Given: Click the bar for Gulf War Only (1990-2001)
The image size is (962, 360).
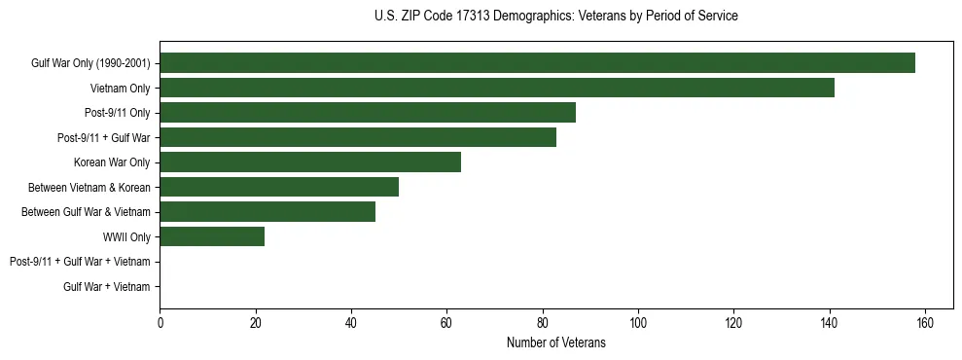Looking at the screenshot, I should click(537, 63).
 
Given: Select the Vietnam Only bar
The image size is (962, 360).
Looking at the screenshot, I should click(497, 88).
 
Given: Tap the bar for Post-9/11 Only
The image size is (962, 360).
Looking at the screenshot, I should click(368, 113).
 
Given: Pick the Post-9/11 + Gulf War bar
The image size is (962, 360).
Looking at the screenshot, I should click(358, 137).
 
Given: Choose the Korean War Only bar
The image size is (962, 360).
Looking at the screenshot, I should click(310, 162).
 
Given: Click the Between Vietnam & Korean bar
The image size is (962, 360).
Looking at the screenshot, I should click(279, 187).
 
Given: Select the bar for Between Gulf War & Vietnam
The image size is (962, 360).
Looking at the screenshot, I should click(267, 212).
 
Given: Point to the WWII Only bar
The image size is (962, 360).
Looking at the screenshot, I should click(212, 236).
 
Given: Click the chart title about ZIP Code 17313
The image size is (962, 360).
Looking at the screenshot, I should click(555, 17).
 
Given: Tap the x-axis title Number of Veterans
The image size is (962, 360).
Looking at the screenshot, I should click(555, 342).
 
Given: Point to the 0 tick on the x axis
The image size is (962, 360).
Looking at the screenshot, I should click(160, 323).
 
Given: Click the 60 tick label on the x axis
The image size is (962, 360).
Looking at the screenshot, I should click(446, 323).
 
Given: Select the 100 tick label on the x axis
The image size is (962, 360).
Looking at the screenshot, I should click(638, 323).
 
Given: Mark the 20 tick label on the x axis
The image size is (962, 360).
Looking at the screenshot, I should click(255, 323).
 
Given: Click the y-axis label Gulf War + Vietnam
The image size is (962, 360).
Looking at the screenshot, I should click(106, 287).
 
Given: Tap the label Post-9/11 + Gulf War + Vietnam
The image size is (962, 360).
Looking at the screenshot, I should click(80, 262).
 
